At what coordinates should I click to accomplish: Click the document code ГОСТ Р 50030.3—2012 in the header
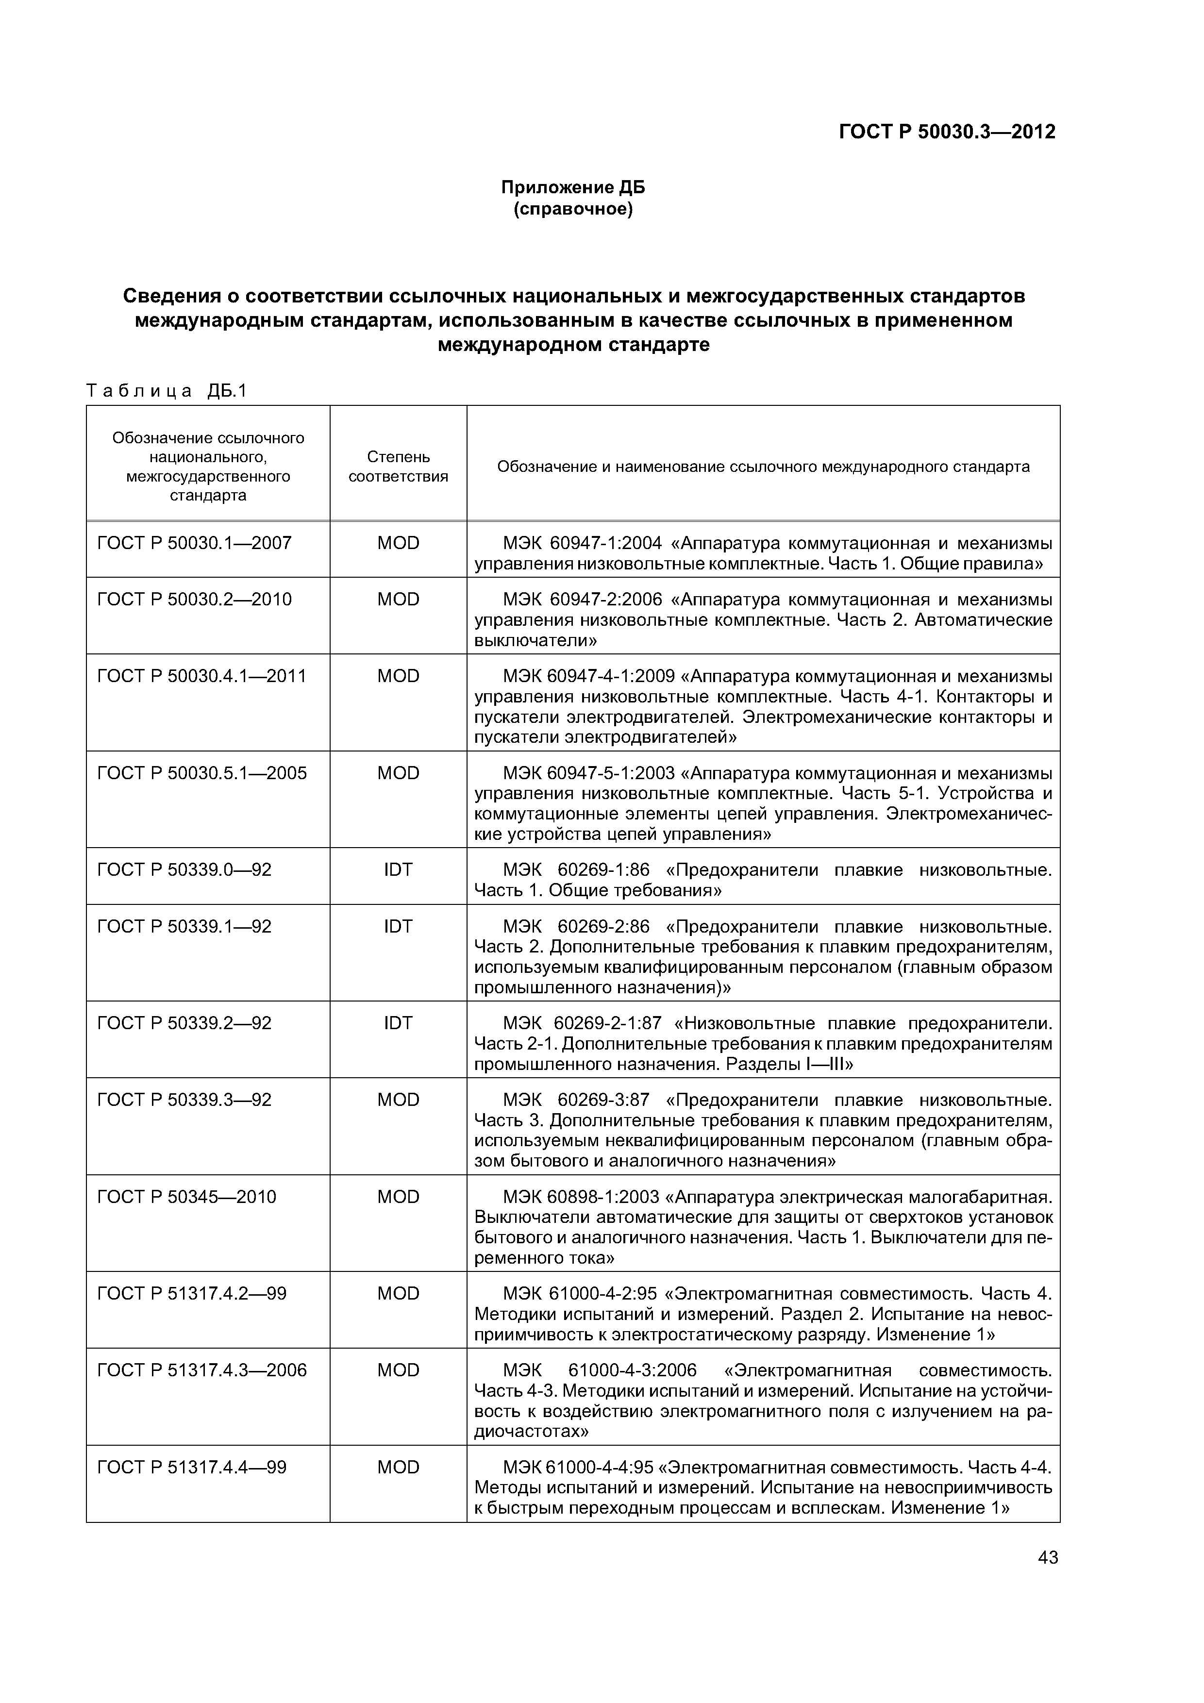pyautogui.click(x=947, y=132)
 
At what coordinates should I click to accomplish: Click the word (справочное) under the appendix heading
pyautogui.click(x=573, y=210)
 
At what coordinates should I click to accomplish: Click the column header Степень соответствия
pyautogui.click(x=399, y=467)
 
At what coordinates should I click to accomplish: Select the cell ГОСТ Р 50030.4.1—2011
pyautogui.click(x=202, y=676)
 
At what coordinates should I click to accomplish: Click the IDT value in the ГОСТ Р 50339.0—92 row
pyautogui.click(x=399, y=870)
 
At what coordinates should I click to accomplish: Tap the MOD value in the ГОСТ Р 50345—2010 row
pyautogui.click(x=399, y=1197)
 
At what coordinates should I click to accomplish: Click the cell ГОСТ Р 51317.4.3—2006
pyautogui.click(x=202, y=1370)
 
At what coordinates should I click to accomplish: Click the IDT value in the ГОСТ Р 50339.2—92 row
pyautogui.click(x=399, y=1023)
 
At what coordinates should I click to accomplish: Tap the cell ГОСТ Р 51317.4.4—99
pyautogui.click(x=191, y=1467)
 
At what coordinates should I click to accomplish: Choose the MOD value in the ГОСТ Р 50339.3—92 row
pyautogui.click(x=399, y=1100)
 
